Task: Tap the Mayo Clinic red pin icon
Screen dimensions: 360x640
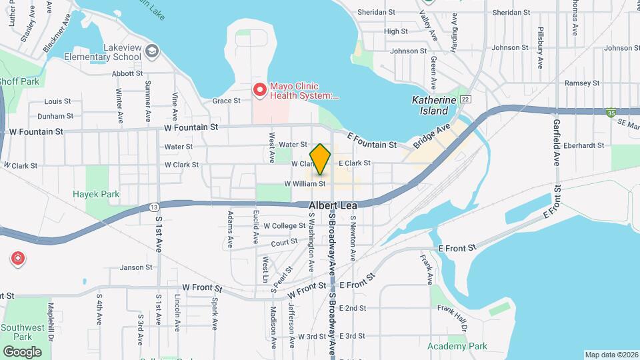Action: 259,88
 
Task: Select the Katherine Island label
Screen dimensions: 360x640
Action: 434,105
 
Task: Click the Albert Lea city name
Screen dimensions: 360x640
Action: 333,206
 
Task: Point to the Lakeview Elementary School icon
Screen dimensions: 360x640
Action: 152,50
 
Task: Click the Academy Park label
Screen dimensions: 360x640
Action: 457,346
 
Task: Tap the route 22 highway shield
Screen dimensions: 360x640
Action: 465,99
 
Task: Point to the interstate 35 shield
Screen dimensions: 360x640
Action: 611,113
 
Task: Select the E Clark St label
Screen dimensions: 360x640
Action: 354,163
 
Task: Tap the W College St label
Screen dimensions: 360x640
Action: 284,226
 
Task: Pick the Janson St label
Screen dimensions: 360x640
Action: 136,267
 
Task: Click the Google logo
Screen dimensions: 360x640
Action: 22,351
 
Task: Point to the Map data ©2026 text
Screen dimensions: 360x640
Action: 611,355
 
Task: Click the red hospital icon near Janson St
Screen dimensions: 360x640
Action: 17,258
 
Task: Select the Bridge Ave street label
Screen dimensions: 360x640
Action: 433,135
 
